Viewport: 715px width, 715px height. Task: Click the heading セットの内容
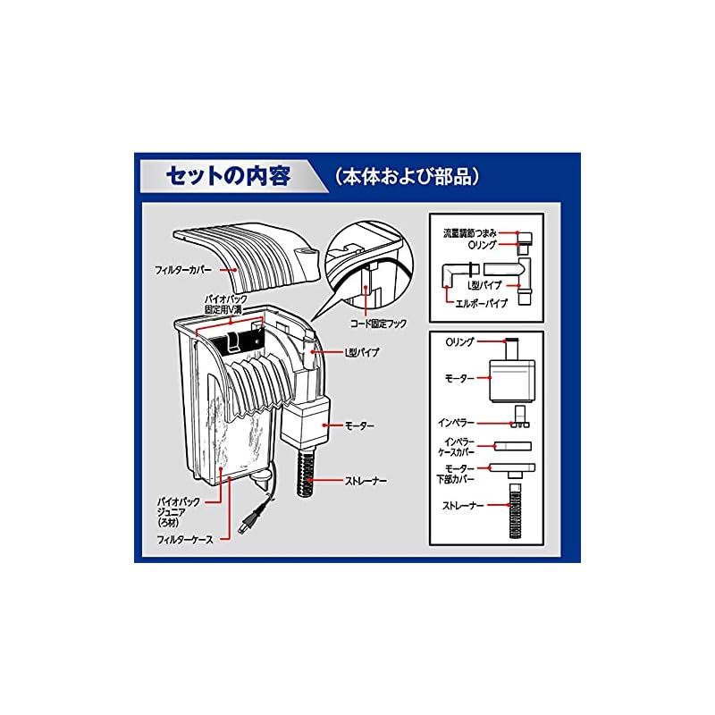228,176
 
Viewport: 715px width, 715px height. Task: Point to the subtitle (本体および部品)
408,177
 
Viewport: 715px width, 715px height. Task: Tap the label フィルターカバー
183,270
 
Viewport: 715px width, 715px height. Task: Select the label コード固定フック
378,324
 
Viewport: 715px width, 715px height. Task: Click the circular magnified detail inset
369,265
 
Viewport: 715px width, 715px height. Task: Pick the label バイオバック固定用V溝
226,305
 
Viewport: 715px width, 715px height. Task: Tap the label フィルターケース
185,540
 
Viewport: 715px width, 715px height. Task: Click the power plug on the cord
249,520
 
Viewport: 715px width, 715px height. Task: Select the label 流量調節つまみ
470,233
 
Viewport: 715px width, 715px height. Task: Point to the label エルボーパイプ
481,303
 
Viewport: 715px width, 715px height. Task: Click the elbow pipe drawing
454,275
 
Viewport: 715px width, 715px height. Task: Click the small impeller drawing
520,417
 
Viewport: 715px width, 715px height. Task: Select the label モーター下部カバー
457,475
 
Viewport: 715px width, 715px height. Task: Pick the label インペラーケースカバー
457,448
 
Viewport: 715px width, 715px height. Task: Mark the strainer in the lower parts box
516,510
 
